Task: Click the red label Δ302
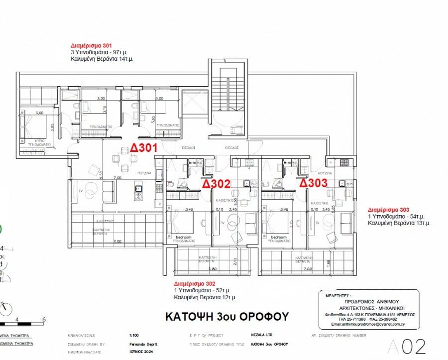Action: point(217,184)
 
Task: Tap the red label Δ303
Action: point(313,183)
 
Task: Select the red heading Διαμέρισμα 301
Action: point(91,45)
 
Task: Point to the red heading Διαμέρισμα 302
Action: point(195,283)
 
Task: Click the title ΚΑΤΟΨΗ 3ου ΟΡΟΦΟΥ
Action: point(226,317)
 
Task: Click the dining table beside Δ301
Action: point(123,159)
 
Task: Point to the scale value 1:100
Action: point(134,336)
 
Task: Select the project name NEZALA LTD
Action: point(259,336)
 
